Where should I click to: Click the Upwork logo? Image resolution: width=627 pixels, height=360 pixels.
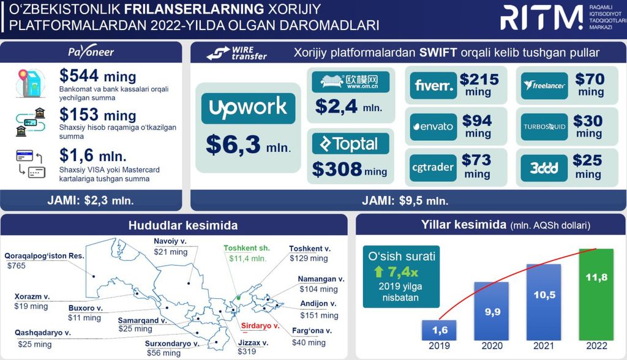coord(248,108)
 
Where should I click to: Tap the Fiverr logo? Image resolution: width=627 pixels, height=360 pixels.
coord(434,85)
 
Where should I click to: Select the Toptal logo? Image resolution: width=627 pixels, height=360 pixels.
coord(351,144)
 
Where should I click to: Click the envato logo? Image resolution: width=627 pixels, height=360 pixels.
coord(434,127)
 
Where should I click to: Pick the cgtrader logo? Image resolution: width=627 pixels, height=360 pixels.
coord(433,168)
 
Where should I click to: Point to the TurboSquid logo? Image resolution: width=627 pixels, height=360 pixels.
coord(544,127)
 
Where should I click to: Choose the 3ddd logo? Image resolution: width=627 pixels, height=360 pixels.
coord(544,168)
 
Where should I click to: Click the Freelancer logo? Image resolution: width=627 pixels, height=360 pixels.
coord(544,86)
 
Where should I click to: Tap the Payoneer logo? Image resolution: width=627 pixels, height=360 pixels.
coord(91,51)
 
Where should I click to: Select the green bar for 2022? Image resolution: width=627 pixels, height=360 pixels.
coord(596,294)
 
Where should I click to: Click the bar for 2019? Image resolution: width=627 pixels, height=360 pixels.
coord(439,331)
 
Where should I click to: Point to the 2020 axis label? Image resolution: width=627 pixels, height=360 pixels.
coord(492,346)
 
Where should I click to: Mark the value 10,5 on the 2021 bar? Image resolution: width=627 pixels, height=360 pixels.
coord(544,295)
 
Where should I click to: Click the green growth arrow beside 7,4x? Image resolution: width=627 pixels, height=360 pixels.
coord(378,272)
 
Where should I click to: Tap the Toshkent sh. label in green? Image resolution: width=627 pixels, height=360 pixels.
coord(247,248)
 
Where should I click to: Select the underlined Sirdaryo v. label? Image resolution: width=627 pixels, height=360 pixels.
coord(260,326)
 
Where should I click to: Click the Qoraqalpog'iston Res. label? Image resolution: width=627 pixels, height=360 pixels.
coord(44,256)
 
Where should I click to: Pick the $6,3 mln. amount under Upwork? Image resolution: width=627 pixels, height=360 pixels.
coord(249,144)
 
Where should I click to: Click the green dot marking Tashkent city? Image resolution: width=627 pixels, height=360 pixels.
coord(239,298)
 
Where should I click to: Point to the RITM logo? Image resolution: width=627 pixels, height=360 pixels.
coord(541,18)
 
